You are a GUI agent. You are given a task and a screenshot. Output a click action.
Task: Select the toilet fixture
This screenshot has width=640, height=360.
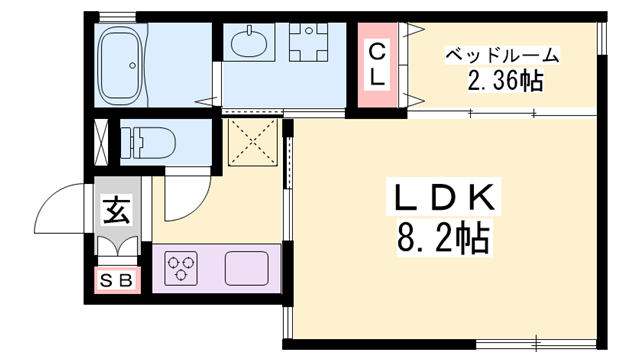[145, 140]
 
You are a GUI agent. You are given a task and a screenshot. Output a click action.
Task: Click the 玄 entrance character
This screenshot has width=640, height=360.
[115, 212]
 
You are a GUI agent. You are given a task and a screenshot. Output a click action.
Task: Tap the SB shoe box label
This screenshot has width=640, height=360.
[116, 281]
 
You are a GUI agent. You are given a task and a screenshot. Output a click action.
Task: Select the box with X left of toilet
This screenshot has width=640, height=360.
[102, 139]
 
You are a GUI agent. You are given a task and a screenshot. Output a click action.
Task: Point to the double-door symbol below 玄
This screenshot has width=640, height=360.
[115, 247]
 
